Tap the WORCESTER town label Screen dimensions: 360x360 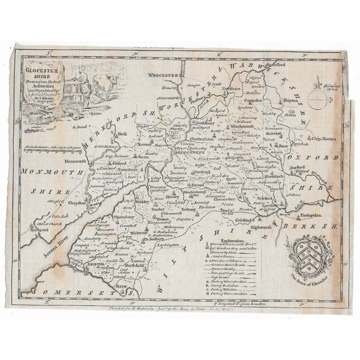point(157,75)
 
